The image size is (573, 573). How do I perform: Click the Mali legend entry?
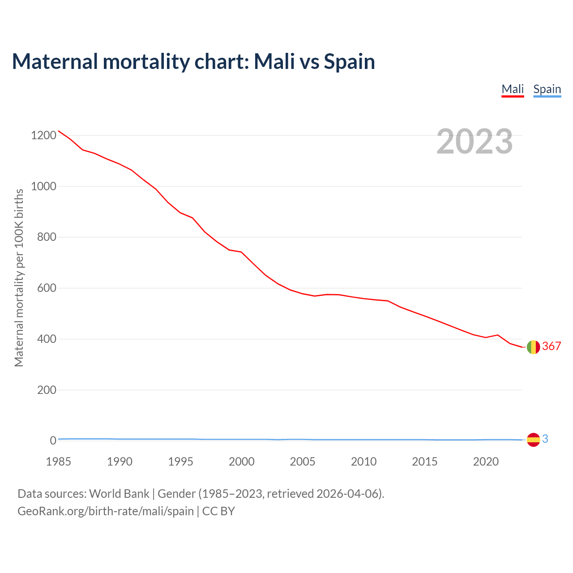click(x=513, y=89)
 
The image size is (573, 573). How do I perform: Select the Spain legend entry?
click(x=547, y=89)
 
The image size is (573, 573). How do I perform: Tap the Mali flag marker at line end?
click(x=533, y=347)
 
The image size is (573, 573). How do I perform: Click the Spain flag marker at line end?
click(x=533, y=440)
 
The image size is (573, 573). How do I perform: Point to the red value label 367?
click(x=552, y=346)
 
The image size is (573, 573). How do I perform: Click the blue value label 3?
click(x=545, y=439)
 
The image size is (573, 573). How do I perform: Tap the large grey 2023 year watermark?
click(x=475, y=141)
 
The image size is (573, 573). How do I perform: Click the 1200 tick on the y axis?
click(x=44, y=135)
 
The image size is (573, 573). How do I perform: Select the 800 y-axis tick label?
click(x=47, y=237)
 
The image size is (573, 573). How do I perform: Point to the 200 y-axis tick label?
click(x=47, y=390)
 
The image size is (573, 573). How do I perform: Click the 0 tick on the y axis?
click(x=53, y=441)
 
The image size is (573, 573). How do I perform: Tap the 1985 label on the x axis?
click(x=59, y=462)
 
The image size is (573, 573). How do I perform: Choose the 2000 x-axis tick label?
click(x=242, y=462)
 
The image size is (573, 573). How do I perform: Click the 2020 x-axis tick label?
click(x=486, y=462)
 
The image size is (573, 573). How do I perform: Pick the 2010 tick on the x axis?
click(x=363, y=462)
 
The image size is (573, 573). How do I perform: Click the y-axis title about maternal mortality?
click(x=19, y=278)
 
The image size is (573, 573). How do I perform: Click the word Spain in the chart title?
click(x=349, y=61)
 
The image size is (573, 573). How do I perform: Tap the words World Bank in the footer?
click(x=119, y=494)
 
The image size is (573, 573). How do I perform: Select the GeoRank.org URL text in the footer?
click(x=106, y=511)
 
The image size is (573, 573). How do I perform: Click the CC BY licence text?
click(x=218, y=511)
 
